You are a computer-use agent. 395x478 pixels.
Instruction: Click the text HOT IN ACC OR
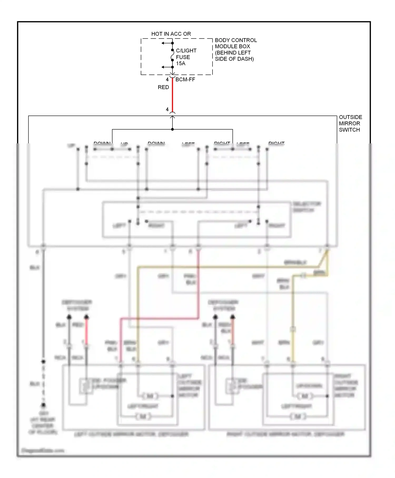(x=171, y=34)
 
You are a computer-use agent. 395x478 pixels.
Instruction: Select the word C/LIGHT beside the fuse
(x=186, y=50)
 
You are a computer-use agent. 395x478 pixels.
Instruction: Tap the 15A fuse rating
(x=181, y=64)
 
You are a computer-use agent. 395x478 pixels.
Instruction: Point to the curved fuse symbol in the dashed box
(x=172, y=55)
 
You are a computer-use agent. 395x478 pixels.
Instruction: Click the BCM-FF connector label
(x=185, y=80)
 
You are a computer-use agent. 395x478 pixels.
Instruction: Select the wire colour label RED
(x=163, y=87)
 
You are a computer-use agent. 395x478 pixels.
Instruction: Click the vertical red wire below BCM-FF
(x=172, y=95)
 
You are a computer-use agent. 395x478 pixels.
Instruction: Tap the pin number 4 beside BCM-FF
(x=167, y=80)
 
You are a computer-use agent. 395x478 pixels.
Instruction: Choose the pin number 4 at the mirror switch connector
(x=167, y=109)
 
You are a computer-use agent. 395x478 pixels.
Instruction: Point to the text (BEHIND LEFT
(x=233, y=53)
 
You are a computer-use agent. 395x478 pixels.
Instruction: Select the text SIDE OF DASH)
(x=234, y=59)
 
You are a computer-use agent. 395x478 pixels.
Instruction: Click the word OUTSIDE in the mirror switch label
(x=350, y=117)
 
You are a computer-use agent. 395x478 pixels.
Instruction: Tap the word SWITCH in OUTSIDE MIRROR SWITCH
(x=349, y=130)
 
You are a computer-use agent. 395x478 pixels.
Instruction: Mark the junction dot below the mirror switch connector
(x=172, y=129)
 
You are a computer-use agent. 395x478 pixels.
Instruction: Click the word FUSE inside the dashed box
(x=183, y=57)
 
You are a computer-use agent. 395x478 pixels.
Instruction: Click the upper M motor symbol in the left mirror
(x=150, y=396)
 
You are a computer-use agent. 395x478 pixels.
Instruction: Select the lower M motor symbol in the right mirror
(x=298, y=417)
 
